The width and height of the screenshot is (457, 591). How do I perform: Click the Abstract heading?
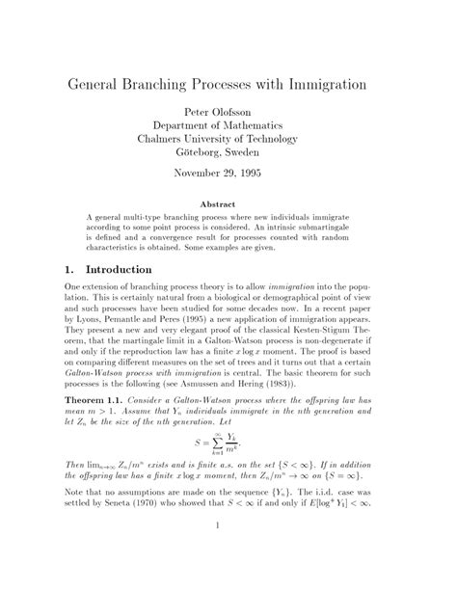click(228, 205)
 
